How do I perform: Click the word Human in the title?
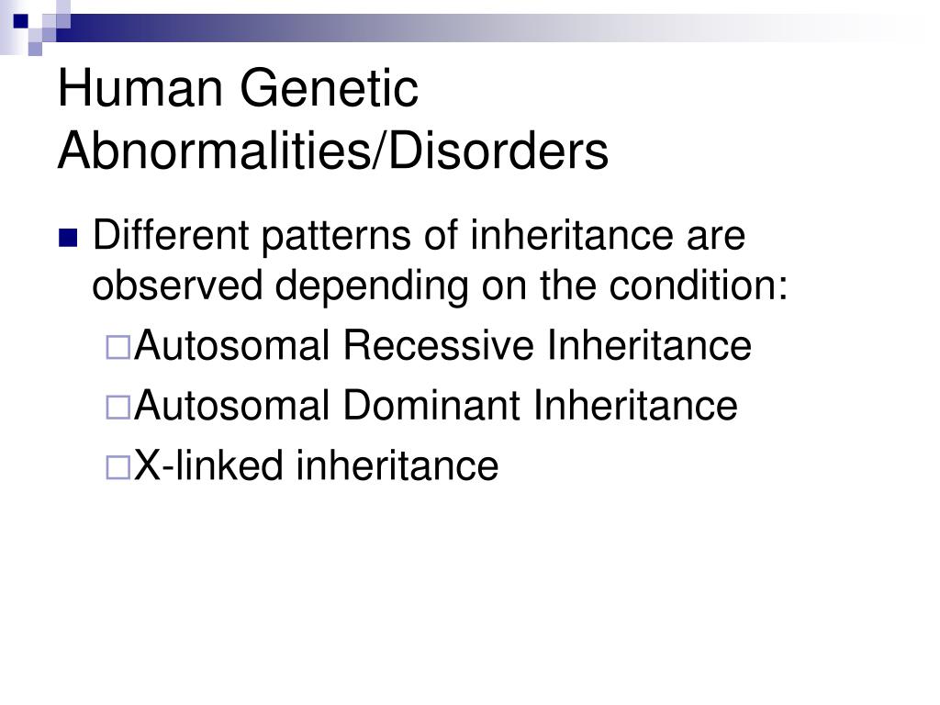(x=140, y=89)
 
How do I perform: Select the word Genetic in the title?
(x=330, y=89)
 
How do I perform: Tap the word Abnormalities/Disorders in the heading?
(x=333, y=151)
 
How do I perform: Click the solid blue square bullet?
(x=68, y=238)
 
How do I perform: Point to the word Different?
(x=171, y=235)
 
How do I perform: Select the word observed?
(x=177, y=285)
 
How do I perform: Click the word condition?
(x=699, y=285)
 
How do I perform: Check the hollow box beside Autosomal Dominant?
(x=118, y=408)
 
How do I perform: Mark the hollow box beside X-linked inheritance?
(x=118, y=467)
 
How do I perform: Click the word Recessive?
(x=438, y=345)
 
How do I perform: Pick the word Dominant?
(x=431, y=405)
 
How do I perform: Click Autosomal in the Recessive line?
(x=232, y=345)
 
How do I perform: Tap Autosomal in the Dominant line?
(x=232, y=405)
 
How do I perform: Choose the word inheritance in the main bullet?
(x=571, y=235)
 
